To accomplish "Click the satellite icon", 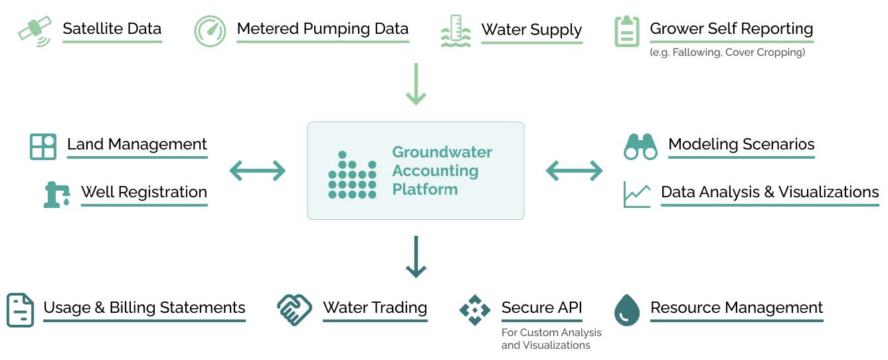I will [35, 31].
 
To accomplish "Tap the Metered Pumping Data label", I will [322, 29].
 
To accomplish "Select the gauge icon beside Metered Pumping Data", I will [210, 31].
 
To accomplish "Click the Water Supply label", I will [531, 30].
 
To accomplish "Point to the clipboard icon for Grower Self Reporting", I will [626, 31].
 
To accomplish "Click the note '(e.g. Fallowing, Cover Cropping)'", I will [727, 52].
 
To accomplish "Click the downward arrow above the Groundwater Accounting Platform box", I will [416, 84].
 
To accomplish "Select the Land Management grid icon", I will [43, 146].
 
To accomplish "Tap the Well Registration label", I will [144, 192].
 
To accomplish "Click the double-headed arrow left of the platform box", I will [257, 171].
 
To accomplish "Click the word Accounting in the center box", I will [435, 171].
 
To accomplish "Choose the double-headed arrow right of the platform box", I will [574, 171].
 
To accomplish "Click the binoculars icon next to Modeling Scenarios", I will [640, 146].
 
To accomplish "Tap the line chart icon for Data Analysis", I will [637, 194].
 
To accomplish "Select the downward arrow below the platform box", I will [416, 256].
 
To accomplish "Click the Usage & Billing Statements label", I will [144, 308].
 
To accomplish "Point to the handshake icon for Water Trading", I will [294, 310].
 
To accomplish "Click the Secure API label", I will [541, 308].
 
